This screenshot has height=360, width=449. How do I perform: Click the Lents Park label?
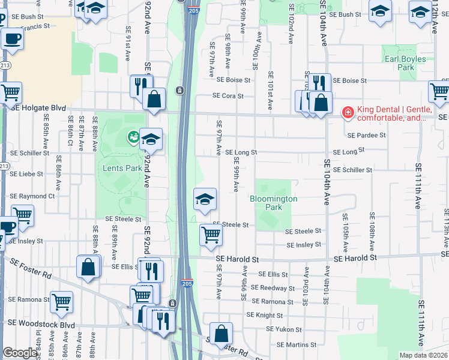tap(122, 168)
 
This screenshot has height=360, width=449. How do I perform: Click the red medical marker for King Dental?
tap(347, 112)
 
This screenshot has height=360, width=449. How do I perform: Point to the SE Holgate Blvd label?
tap(37, 107)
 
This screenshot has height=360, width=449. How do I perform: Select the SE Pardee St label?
tap(366, 136)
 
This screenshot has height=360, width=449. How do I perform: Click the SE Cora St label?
tap(228, 96)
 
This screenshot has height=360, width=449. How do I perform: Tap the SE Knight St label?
tap(264, 315)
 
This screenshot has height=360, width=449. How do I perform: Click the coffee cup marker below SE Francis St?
tap(11, 40)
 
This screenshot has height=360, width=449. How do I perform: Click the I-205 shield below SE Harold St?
tap(188, 283)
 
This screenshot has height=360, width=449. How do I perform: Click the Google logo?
tap(20, 353)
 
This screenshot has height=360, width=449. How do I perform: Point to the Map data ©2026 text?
tap(424, 355)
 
